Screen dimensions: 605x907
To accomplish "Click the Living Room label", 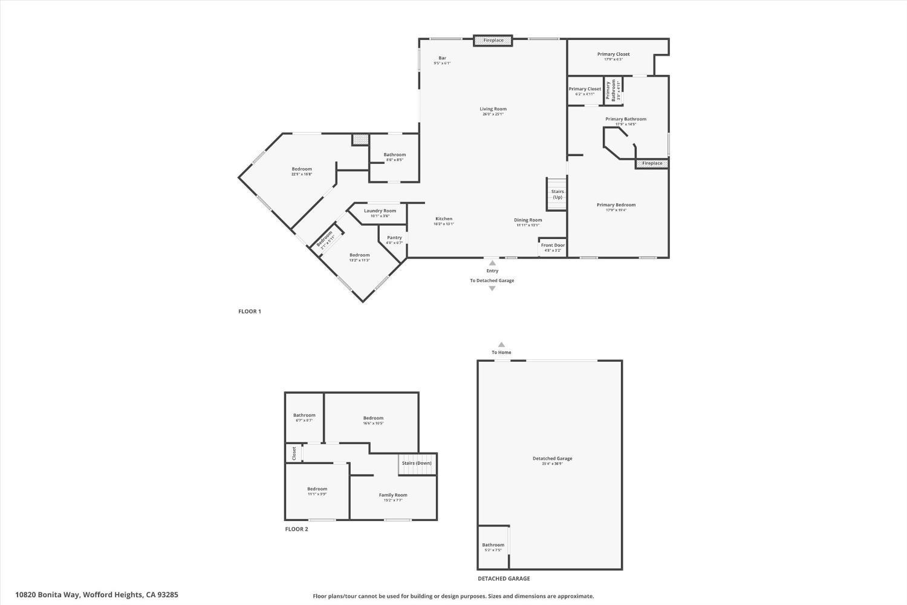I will [493, 109].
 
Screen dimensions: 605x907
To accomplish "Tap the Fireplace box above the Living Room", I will [493, 41].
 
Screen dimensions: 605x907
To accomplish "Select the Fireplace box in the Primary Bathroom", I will [652, 163].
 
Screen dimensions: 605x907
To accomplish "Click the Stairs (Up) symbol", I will [557, 194].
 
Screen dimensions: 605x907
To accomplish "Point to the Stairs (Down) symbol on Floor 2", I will [417, 463].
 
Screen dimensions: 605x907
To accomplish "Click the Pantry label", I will [394, 238].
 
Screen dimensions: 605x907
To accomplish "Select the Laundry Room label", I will [380, 211].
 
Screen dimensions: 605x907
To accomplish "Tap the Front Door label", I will [553, 245].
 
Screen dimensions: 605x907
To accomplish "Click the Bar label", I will [442, 58].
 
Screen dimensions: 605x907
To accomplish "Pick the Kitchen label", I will [444, 219].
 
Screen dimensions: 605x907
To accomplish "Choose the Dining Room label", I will [528, 220].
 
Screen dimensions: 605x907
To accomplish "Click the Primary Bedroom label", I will [616, 205].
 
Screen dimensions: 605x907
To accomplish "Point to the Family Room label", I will [393, 495].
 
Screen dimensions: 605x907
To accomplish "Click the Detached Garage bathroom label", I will [493, 545].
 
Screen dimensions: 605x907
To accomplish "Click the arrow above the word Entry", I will [492, 263].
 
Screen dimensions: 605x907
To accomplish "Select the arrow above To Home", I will [501, 344].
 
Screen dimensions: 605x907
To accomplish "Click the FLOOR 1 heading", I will [249, 312].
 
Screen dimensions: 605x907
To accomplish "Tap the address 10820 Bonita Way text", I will [97, 595].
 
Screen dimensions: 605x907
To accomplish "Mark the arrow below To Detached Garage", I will [492, 289].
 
